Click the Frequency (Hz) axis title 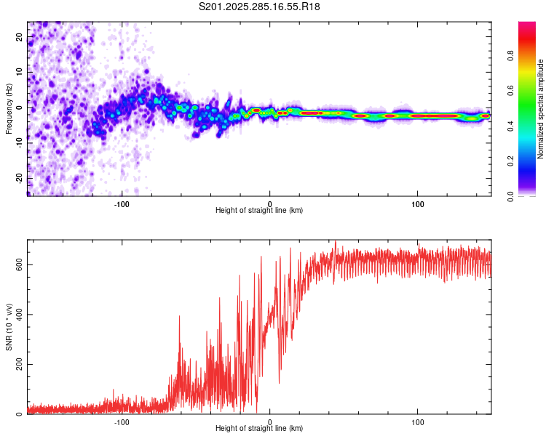pyautogui.click(x=9, y=109)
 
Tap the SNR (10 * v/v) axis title pyautogui.click(x=9, y=328)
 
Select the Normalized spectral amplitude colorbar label pyautogui.click(x=541, y=110)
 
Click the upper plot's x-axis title pyautogui.click(x=259, y=210)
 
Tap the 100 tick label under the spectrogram pyautogui.click(x=418, y=203)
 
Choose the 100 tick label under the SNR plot pyautogui.click(x=418, y=421)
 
